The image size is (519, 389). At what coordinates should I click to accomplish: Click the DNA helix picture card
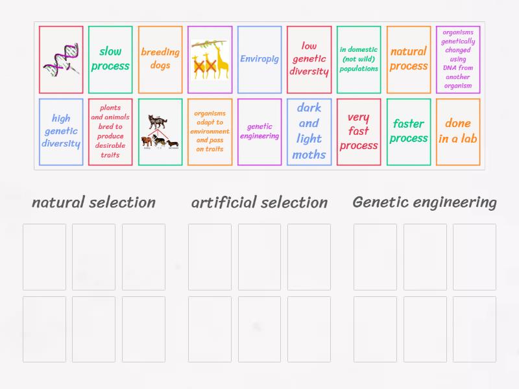61,60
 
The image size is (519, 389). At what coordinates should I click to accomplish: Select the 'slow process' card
110,60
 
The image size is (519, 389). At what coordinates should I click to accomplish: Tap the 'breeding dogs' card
160,60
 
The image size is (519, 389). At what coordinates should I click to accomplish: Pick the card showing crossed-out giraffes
210,60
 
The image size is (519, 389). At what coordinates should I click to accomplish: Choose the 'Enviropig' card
259,60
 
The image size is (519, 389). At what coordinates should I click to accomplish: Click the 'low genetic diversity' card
309,60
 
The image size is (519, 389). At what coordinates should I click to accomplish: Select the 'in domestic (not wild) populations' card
359,60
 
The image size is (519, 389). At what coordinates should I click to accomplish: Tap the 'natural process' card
409,60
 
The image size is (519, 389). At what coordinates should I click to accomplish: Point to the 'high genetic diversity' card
61,132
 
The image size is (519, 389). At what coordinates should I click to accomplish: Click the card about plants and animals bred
110,132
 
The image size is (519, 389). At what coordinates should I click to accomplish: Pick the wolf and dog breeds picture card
160,132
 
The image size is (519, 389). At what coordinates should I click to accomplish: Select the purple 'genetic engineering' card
259,132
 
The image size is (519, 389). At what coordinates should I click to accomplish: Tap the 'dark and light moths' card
309,132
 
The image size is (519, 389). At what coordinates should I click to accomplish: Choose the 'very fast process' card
359,132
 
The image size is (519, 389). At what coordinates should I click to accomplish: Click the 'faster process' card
409,132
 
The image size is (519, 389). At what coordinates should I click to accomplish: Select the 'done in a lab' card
458,132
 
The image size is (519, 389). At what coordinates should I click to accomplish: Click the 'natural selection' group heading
93,202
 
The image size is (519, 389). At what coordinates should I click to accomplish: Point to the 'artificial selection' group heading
259,202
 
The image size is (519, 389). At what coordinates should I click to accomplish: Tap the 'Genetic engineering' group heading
424,202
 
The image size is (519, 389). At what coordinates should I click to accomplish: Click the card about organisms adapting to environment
210,132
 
